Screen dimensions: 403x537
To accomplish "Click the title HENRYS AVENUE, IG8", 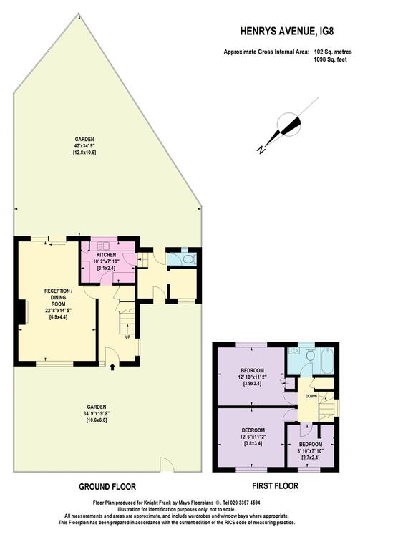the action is coord(287,32).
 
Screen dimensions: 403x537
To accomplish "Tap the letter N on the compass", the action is coord(261,150).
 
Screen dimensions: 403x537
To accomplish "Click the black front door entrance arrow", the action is coord(112,367).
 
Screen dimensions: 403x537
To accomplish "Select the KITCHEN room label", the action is coord(106,255).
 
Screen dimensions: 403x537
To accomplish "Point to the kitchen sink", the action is coord(102,245).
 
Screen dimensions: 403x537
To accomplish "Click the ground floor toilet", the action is coord(189,259).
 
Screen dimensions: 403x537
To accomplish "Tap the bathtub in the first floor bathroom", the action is coord(327,362).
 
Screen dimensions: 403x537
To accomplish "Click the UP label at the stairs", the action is coord(127,337).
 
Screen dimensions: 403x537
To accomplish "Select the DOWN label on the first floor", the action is coord(311,396).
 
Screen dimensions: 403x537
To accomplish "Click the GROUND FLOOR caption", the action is coord(107,486).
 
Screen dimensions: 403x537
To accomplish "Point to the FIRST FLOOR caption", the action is coord(275,485).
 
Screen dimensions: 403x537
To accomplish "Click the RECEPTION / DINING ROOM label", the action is coord(58,297).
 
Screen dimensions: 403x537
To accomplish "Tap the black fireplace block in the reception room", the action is coord(22,312).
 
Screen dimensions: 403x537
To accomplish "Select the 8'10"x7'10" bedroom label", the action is coord(311,450).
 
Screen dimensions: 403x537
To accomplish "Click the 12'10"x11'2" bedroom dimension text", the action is coord(253,377).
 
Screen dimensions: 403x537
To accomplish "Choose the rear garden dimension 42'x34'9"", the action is coord(84,146).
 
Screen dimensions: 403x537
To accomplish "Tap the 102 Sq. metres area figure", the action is coord(333,52).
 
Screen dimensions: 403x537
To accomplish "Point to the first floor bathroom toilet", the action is coord(310,355).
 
